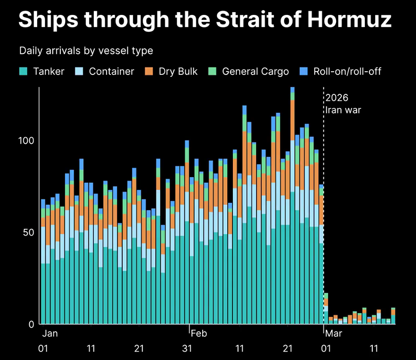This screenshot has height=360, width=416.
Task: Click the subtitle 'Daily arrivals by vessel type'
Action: click(86, 50)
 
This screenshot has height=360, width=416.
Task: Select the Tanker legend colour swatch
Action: click(24, 71)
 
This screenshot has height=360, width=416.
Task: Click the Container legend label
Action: click(111, 71)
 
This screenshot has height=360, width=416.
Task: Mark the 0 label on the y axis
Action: click(31, 324)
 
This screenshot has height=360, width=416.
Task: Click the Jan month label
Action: click(50, 333)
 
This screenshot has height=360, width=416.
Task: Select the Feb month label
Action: click(198, 333)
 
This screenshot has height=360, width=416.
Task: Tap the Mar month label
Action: click(333, 333)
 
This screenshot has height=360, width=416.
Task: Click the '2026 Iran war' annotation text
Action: click(343, 104)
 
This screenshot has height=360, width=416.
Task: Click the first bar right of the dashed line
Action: click(326, 309)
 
